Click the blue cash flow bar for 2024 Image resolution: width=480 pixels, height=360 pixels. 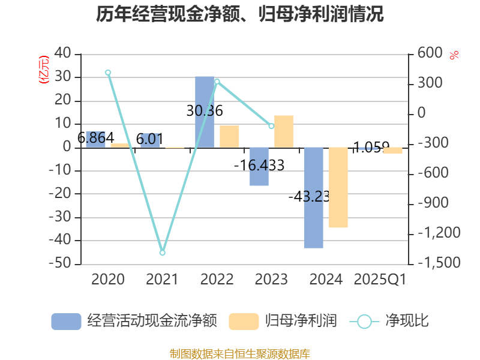coord(313,197)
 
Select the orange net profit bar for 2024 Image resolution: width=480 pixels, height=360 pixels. coord(338,187)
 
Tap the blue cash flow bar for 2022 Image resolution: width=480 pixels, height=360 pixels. coord(205,112)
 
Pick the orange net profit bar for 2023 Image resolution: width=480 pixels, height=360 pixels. coord(284,131)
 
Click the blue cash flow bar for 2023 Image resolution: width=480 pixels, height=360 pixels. coord(259,167)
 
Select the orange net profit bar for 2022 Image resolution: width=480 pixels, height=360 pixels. coord(229,136)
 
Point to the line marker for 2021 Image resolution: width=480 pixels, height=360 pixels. coord(162,253)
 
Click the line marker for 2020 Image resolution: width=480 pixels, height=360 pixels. coord(108,73)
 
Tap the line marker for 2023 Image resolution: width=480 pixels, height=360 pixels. coord(271,126)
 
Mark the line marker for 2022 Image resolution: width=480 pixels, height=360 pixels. coord(217,81)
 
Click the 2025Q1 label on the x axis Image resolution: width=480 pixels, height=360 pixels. coord(380,280)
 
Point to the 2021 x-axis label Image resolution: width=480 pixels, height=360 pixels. coord(162,280)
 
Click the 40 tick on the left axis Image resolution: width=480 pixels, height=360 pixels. coord(62,54)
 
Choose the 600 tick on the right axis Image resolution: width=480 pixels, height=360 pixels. coord(430,54)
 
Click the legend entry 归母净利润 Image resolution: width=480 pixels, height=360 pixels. coord(283,321)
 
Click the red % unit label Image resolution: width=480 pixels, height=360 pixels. coord(454,55)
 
